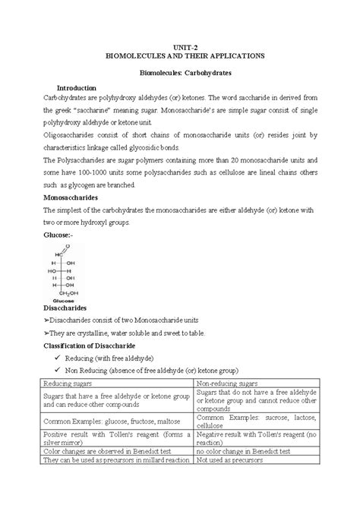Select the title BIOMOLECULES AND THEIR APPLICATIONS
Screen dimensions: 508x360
pos(180,57)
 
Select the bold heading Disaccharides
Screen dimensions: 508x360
pos(69,309)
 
